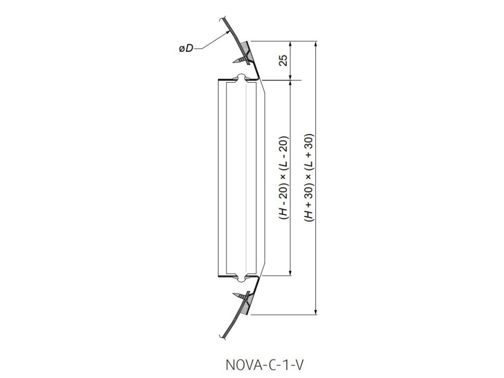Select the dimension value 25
283,60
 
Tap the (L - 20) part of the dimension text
283,162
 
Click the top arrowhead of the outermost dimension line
316,44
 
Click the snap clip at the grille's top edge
241,78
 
